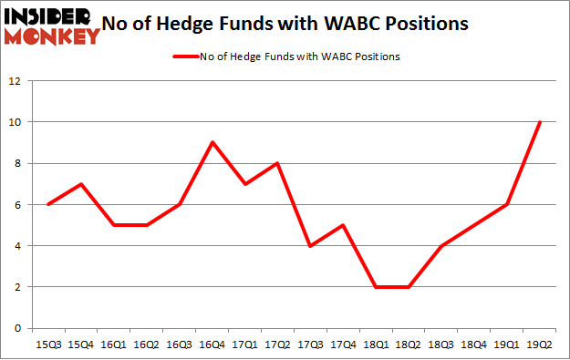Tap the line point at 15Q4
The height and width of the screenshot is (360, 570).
[81, 183]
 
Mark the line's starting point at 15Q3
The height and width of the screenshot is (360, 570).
[48, 204]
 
